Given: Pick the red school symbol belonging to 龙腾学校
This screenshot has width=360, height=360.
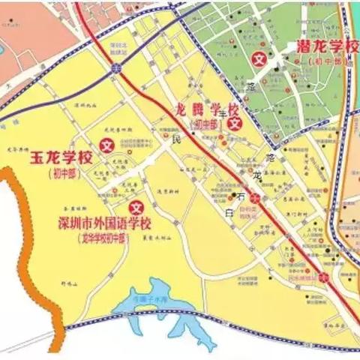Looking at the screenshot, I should click(x=235, y=122).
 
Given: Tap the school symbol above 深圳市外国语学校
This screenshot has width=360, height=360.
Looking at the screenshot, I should click(x=136, y=207).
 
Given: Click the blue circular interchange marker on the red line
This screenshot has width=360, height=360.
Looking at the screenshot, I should click(x=115, y=68).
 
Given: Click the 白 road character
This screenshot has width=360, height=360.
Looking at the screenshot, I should click(x=229, y=215).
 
